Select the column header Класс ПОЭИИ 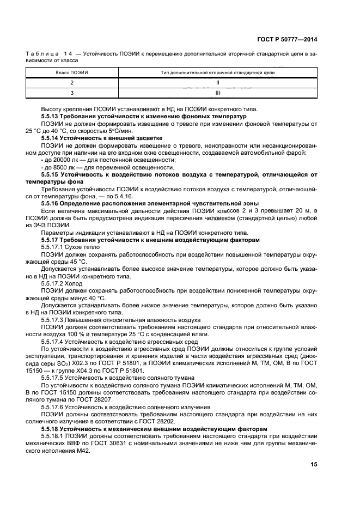[71, 72]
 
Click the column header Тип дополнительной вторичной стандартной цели [217, 72]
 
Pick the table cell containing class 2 [71, 82]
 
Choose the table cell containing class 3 [71, 93]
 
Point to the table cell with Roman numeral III [217, 93]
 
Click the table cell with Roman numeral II [217, 82]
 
